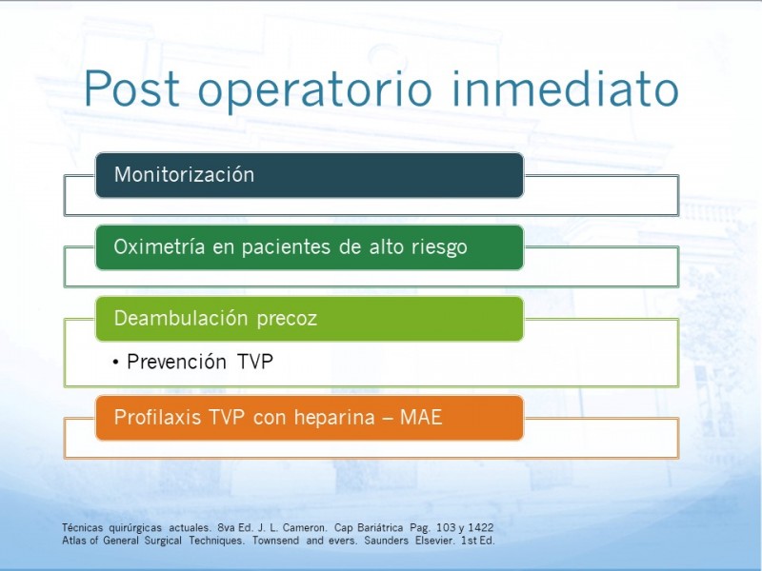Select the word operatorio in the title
click(315, 91)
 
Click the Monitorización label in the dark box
click(184, 174)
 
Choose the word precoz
click(287, 320)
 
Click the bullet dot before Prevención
click(115, 363)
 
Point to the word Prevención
click(176, 362)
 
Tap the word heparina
click(334, 417)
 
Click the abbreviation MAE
click(421, 417)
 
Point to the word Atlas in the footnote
click(73, 541)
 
